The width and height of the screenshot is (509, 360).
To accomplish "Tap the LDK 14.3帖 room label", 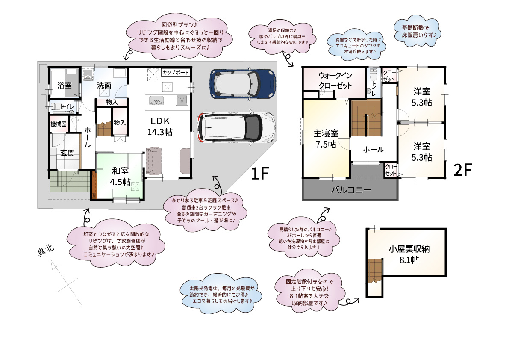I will point(160,126).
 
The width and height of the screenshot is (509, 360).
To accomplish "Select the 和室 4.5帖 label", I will point(120,176).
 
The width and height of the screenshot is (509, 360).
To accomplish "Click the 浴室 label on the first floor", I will point(64,85).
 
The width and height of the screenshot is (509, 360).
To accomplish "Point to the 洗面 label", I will point(104,86).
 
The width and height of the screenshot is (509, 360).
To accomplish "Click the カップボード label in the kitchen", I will point(176,73).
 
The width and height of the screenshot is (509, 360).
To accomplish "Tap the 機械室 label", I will point(58,124).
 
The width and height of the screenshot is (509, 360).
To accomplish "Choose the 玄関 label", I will point(67,153).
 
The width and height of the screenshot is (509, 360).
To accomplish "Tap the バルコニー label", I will point(351,190).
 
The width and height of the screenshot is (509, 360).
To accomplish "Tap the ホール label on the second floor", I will point(373,150).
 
